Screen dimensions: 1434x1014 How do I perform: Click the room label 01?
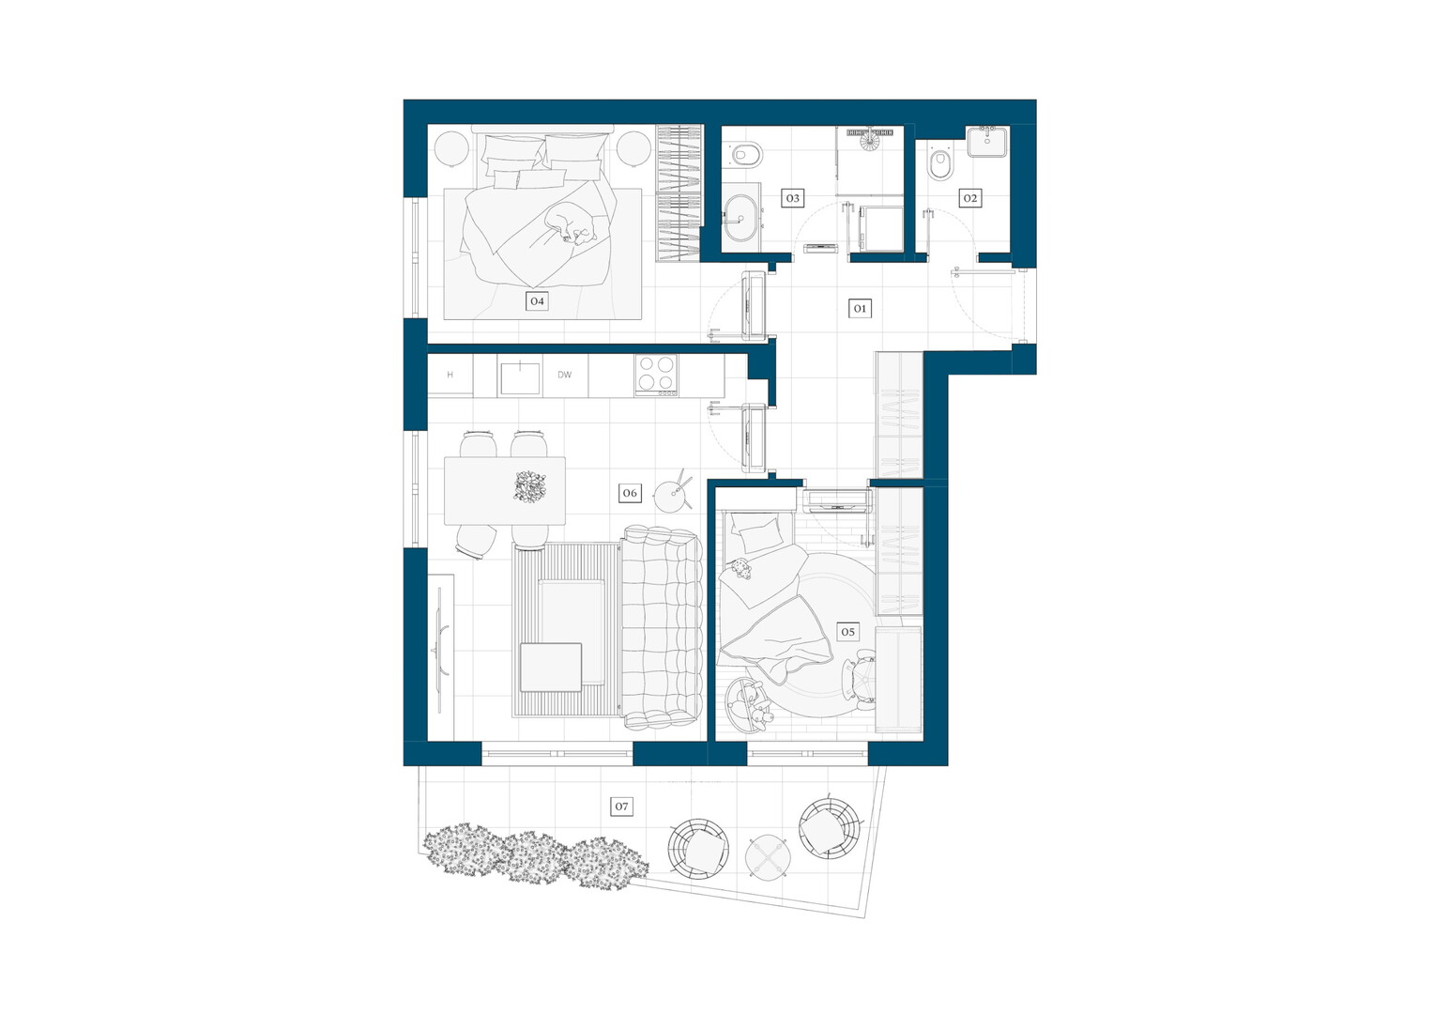click(860, 308)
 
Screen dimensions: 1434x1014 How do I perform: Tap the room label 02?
click(969, 198)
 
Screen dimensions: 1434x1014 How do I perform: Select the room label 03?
click(792, 198)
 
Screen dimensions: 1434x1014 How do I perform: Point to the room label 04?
click(537, 300)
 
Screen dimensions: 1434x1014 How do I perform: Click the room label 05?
click(847, 632)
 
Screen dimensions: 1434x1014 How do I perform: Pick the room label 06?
click(630, 493)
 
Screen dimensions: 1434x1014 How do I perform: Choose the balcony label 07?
click(621, 806)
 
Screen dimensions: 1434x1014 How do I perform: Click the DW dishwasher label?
click(564, 375)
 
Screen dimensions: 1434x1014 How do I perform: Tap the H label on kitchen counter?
click(450, 375)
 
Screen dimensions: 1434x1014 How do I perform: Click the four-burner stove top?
click(656, 375)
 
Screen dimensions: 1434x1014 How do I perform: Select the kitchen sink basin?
click(520, 378)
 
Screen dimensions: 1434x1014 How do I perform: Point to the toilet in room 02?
click(940, 165)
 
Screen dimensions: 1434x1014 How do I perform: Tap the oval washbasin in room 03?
click(741, 219)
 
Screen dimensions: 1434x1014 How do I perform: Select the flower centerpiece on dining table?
click(530, 486)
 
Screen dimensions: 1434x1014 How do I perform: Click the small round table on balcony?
click(768, 855)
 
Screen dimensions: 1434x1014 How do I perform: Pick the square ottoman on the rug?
click(551, 668)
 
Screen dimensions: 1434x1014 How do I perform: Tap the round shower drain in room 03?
click(869, 137)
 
